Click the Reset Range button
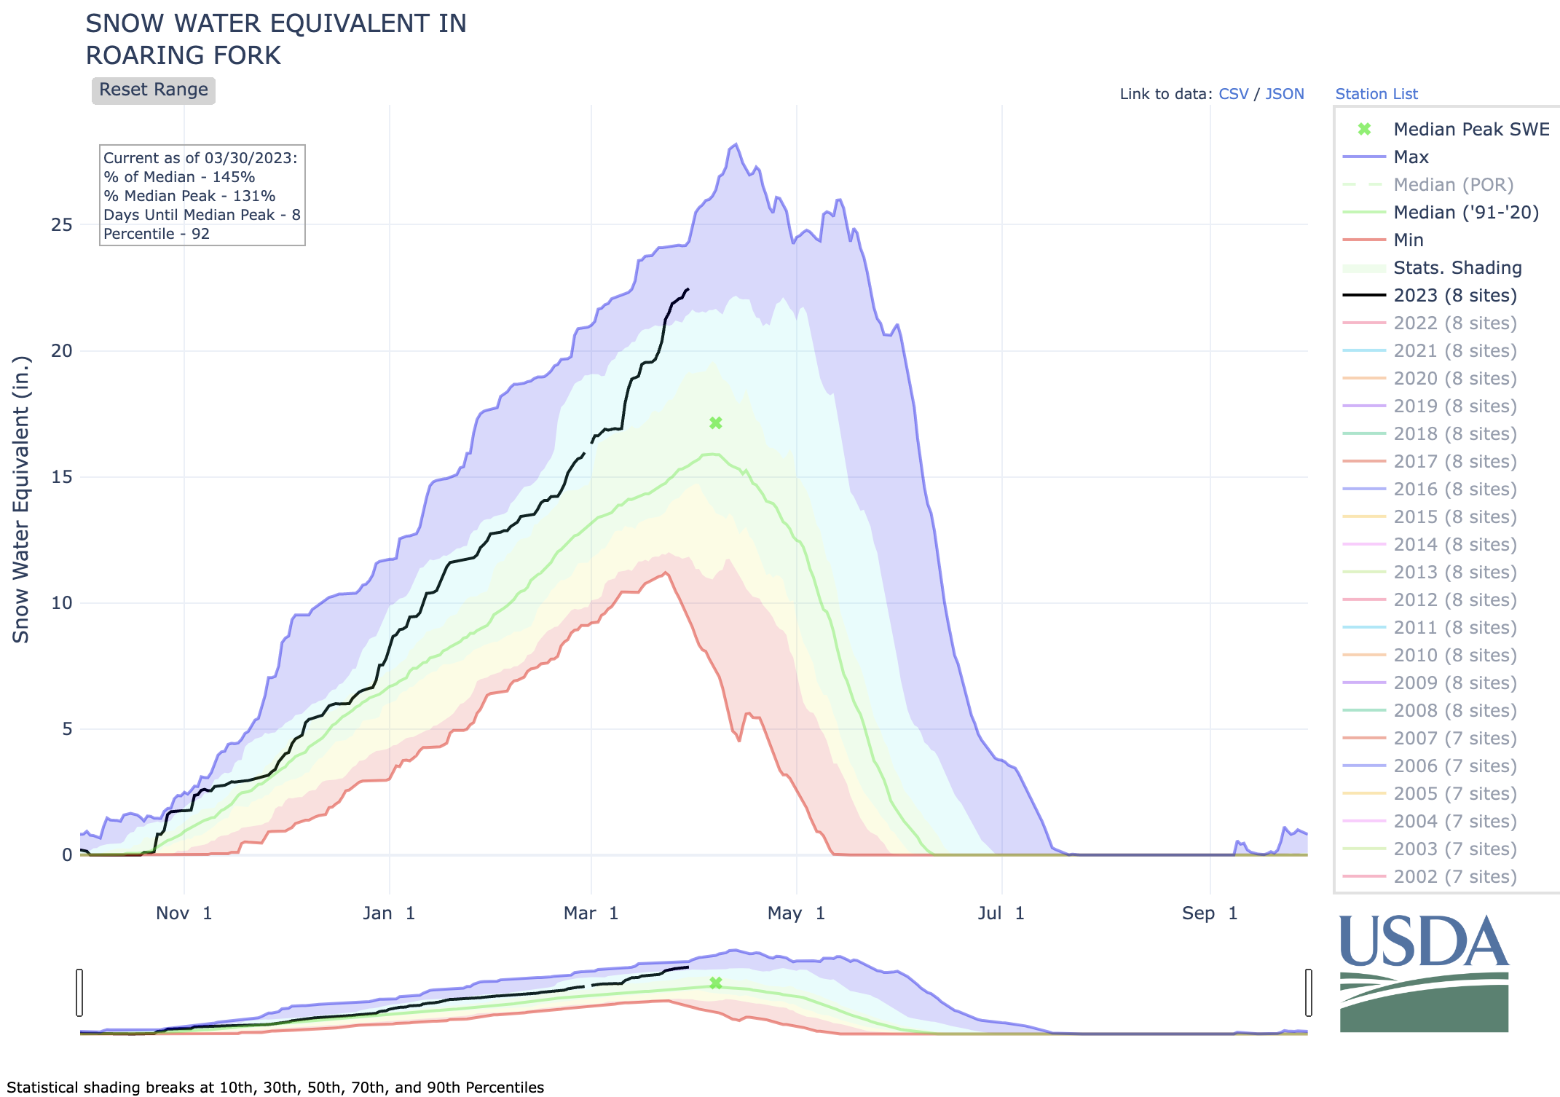(x=153, y=90)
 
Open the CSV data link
(x=1233, y=94)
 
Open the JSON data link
(x=1285, y=94)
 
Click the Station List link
(x=1376, y=94)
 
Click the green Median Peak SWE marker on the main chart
(x=716, y=423)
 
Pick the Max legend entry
(x=1411, y=157)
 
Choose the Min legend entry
(x=1408, y=240)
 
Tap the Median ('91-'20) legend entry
(x=1465, y=212)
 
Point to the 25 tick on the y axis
(x=62, y=224)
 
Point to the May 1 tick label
(x=796, y=913)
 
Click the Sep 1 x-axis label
(x=1210, y=913)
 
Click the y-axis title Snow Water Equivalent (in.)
(x=21, y=500)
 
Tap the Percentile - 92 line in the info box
(x=157, y=234)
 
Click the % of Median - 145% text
(x=179, y=177)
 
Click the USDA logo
(x=1424, y=972)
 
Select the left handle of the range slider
(x=79, y=992)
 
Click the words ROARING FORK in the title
(x=184, y=56)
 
